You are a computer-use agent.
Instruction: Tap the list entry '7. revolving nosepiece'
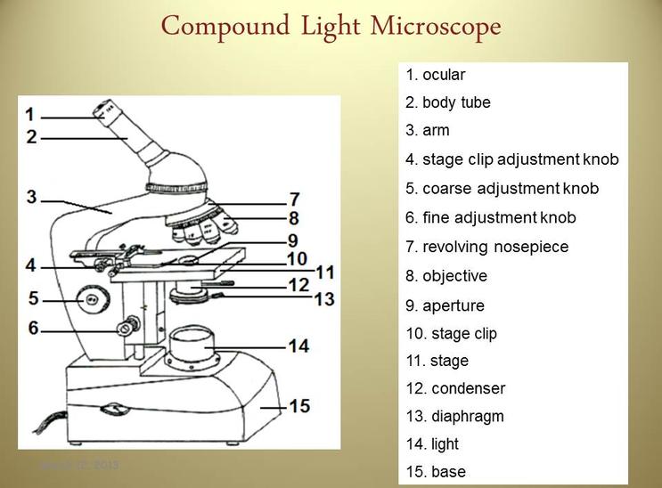[x=486, y=247]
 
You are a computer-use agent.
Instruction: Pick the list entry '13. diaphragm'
[x=454, y=416]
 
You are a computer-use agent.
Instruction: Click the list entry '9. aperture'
[x=445, y=305]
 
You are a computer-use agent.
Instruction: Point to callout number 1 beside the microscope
[x=30, y=114]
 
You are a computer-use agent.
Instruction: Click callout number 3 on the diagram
[x=32, y=195]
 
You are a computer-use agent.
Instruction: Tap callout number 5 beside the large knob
[x=33, y=297]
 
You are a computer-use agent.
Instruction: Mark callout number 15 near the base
[x=299, y=406]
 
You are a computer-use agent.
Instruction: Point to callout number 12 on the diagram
[x=298, y=285]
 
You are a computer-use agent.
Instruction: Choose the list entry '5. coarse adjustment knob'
[x=502, y=189]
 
